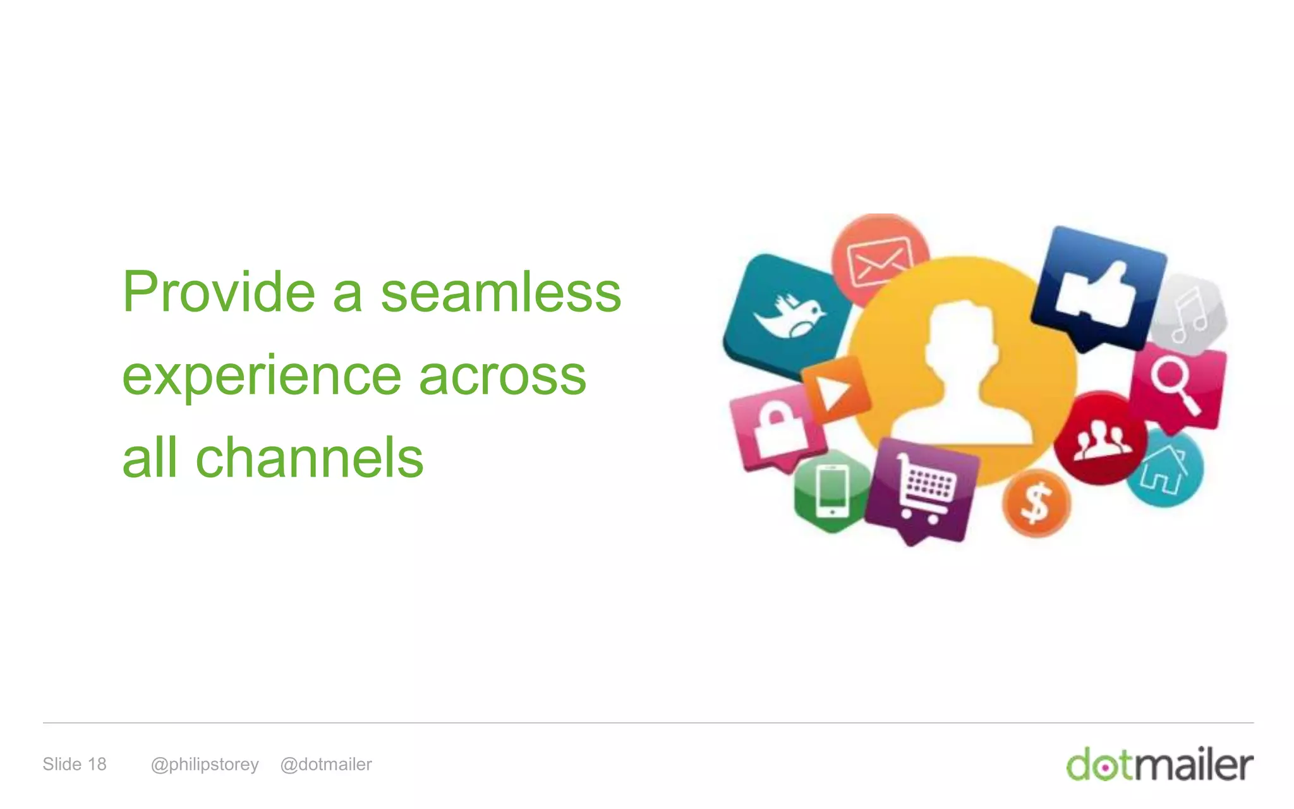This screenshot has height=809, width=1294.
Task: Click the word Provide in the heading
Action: pyautogui.click(x=219, y=293)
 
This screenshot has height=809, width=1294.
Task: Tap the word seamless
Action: pyautogui.click(x=501, y=293)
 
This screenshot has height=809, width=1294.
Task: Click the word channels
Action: pyautogui.click(x=309, y=458)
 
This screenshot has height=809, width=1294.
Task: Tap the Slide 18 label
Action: pyautogui.click(x=75, y=764)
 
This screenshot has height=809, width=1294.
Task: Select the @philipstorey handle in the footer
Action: pyautogui.click(x=205, y=765)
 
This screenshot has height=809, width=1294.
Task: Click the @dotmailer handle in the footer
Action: pyautogui.click(x=326, y=764)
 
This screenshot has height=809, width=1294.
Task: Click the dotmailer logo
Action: pyautogui.click(x=1159, y=764)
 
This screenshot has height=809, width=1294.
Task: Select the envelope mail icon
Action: pyautogui.click(x=880, y=260)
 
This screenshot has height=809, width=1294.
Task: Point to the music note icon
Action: pyautogui.click(x=1189, y=314)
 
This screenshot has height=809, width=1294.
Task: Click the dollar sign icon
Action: pyautogui.click(x=1036, y=504)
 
